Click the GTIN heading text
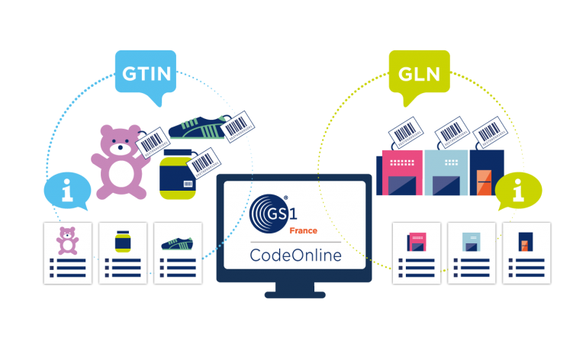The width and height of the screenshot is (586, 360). [x=146, y=74]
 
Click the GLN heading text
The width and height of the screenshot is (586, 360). [x=420, y=74]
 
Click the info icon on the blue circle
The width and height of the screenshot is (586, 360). [x=68, y=191]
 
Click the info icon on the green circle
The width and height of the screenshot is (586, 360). [x=518, y=191]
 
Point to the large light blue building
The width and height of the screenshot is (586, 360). [x=446, y=179]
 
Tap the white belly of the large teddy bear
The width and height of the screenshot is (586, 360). [x=121, y=172]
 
